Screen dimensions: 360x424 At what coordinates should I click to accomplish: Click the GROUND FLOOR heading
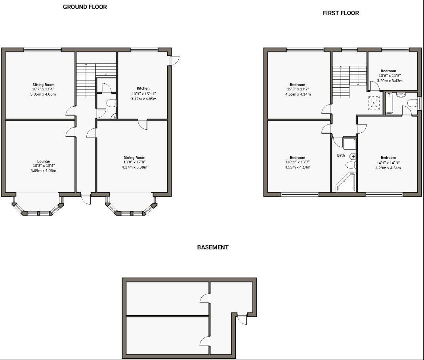click(85, 7)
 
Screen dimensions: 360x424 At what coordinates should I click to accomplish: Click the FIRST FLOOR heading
click(341, 13)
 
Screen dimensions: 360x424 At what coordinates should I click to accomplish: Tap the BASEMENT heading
click(213, 247)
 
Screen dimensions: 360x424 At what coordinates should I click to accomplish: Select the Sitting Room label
click(44, 84)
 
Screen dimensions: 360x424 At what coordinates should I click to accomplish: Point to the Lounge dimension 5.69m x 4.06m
click(44, 171)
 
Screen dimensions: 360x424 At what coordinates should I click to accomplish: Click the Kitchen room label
click(143, 88)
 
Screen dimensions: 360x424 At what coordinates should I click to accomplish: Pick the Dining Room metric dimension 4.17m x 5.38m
click(134, 167)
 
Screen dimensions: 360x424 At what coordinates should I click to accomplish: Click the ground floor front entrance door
click(86, 199)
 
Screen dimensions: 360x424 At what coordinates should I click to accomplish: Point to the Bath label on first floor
click(341, 155)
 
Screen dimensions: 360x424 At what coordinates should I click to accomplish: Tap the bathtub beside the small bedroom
click(389, 103)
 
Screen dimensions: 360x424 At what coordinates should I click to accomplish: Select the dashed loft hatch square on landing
click(374, 103)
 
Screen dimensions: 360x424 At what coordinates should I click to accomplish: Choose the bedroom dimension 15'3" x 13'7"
click(297, 89)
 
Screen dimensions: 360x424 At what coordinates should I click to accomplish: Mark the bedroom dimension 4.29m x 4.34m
click(388, 168)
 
